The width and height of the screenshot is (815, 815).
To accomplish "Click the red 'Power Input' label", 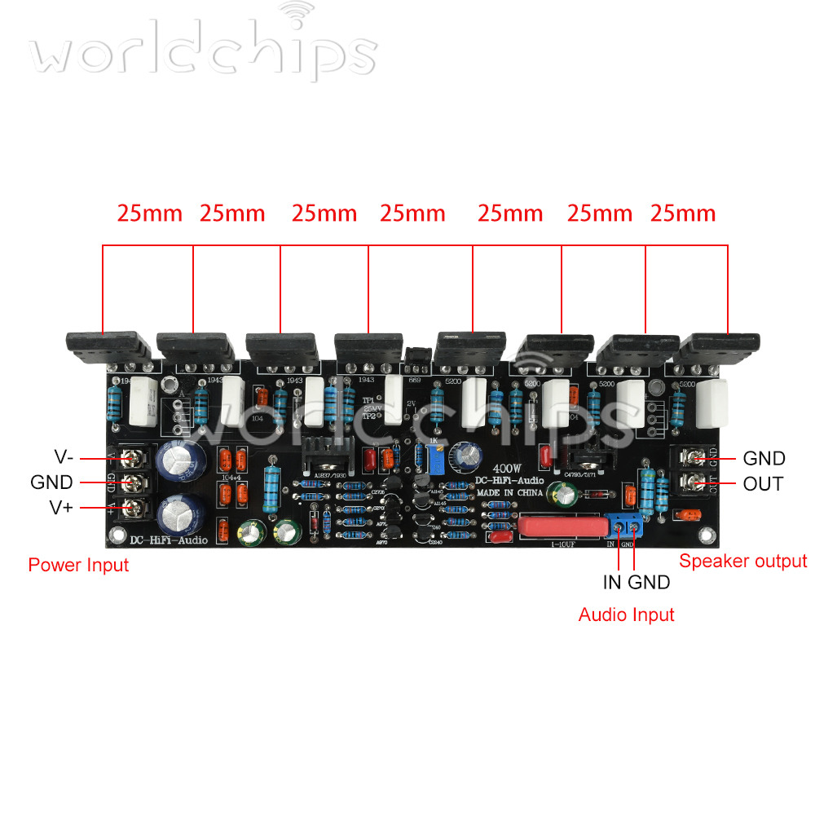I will [x=78, y=565].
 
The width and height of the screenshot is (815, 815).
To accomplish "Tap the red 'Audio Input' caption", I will [x=626, y=615].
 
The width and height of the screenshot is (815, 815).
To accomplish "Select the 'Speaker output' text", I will [x=742, y=561].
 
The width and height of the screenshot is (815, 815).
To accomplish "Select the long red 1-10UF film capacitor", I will [x=562, y=526].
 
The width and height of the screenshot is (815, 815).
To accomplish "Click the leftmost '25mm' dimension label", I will [x=150, y=214].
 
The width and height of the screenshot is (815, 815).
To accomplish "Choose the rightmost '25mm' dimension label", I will [x=683, y=214].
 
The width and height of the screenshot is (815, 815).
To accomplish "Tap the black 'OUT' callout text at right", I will [x=763, y=484].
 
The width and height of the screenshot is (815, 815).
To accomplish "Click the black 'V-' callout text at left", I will [x=62, y=457].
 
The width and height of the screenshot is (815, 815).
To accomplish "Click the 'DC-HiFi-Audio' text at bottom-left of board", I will [x=169, y=540].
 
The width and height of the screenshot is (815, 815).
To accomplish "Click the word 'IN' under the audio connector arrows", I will [x=612, y=582].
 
